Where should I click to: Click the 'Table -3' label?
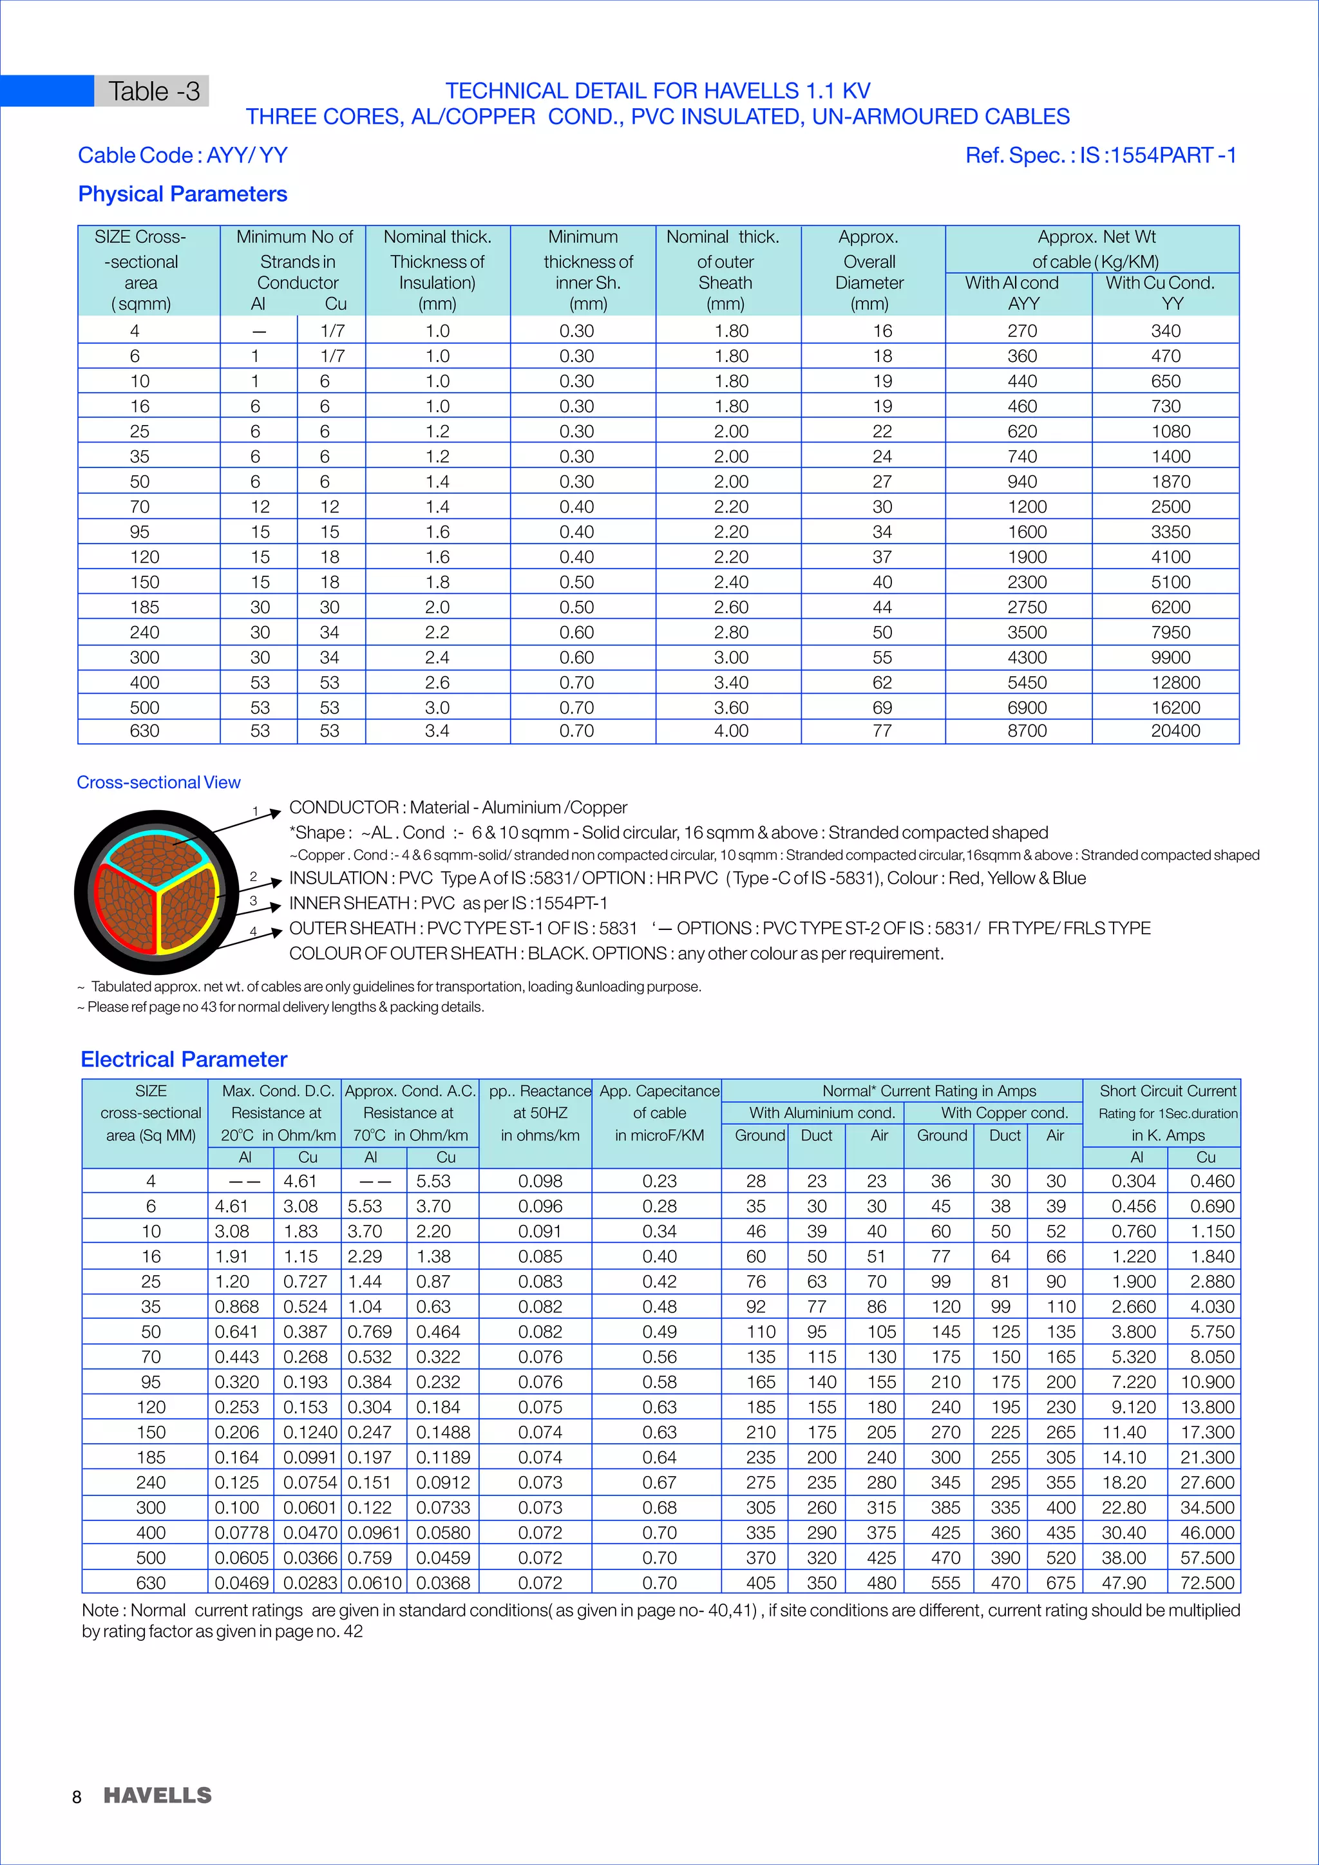pos(153,91)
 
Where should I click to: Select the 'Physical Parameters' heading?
pos(183,194)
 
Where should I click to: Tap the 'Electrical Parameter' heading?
pos(184,1059)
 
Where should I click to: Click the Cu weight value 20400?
pos(1175,731)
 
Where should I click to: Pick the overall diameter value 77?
pos(882,731)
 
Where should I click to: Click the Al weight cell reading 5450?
pos(1027,683)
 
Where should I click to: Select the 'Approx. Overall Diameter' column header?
pos(869,271)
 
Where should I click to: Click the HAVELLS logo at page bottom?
pos(158,1795)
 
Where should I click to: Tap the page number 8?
pos(77,1797)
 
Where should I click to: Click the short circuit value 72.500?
pos(1207,1582)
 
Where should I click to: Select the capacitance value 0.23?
pos(659,1181)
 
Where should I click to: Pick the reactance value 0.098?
pos(540,1181)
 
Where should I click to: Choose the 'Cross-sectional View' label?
pos(158,782)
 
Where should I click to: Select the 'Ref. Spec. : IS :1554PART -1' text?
pos(1101,155)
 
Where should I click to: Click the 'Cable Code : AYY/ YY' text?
pos(183,155)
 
